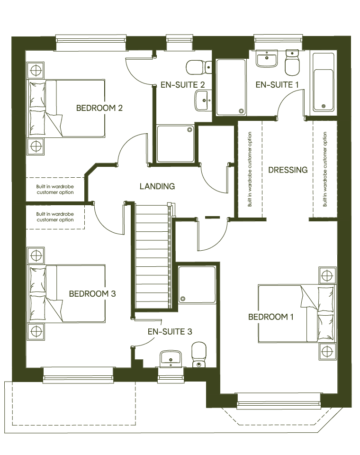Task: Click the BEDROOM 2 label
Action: pos(99,108)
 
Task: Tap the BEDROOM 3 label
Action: pos(92,294)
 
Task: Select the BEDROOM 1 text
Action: pos(270,317)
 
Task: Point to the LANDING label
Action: pos(157,186)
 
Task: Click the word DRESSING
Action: pos(288,170)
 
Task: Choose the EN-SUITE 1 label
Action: pos(278,85)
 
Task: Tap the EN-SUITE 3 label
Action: pos(170,331)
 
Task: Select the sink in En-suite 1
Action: pos(267,60)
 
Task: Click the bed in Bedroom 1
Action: pos(296,313)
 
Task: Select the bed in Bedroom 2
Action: pos(66,109)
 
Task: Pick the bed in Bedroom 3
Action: pos(66,294)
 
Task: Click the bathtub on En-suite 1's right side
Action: pos(324,82)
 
